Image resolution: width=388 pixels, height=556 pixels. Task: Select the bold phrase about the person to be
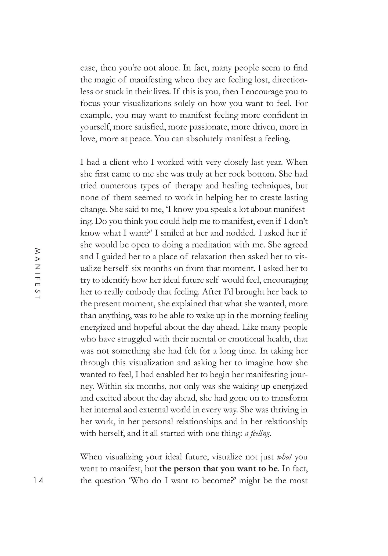tap(218, 469)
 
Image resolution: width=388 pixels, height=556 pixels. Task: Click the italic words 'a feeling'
tap(257, 433)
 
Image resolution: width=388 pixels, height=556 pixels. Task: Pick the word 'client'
tap(121, 162)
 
